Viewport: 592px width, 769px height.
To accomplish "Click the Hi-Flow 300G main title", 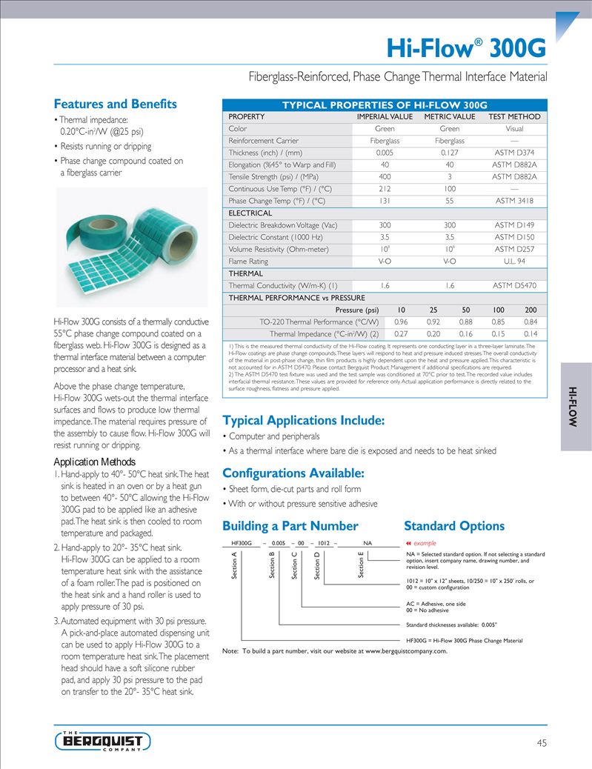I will pyautogui.click(x=467, y=49).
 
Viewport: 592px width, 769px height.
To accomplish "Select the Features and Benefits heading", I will pyautogui.click(x=116, y=104).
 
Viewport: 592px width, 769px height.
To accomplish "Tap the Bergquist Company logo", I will pyautogui.click(x=102, y=741).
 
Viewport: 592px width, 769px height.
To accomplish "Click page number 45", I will pyautogui.click(x=542, y=742).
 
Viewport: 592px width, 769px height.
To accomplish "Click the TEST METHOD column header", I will pyautogui.click(x=514, y=117).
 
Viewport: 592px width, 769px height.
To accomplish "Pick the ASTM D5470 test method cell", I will pyautogui.click(x=514, y=285).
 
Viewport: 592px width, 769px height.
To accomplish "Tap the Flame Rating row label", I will pyautogui.click(x=248, y=262).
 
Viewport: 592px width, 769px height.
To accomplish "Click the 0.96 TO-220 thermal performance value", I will pyautogui.click(x=401, y=322).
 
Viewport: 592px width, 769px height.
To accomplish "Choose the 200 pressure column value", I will pyautogui.click(x=531, y=310).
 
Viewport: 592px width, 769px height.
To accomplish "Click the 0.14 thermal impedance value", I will pyautogui.click(x=531, y=334).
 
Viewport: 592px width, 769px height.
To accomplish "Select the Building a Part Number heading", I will pyautogui.click(x=290, y=527).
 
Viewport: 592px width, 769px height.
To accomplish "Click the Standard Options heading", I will pyautogui.click(x=454, y=527).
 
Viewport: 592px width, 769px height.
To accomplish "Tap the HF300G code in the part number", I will pyautogui.click(x=242, y=543).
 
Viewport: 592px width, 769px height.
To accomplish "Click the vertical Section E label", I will pyautogui.click(x=361, y=565).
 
